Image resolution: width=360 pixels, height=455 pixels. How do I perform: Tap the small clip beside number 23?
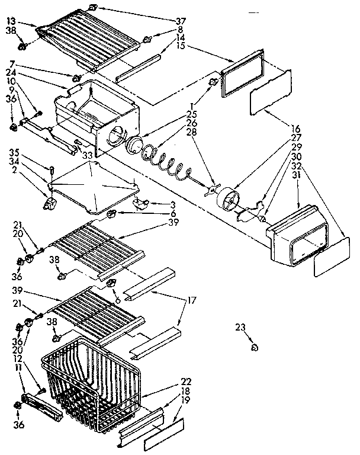click(254, 347)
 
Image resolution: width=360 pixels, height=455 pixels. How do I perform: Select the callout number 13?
click(11, 21)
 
